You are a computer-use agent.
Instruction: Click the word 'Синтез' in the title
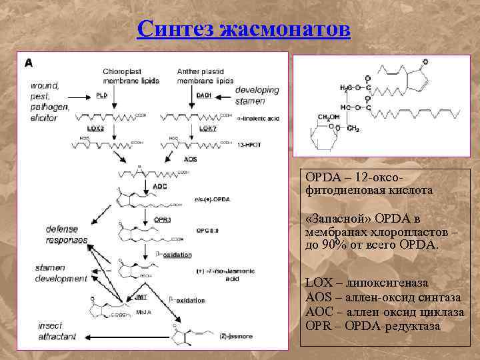(176, 29)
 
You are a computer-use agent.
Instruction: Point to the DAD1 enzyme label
(203, 95)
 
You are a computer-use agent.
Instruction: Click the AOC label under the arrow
(159, 186)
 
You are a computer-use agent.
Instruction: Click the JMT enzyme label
(141, 295)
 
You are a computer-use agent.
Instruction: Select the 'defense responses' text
(67, 234)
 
